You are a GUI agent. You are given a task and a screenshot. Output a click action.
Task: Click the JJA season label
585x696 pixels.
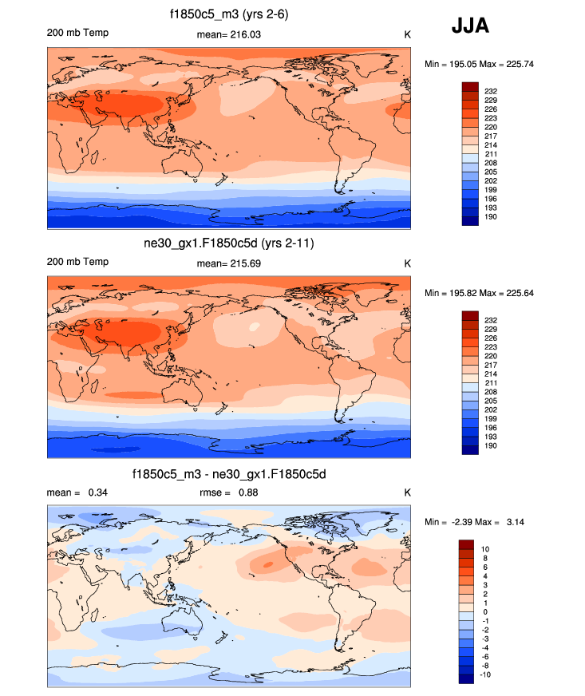[x=470, y=26]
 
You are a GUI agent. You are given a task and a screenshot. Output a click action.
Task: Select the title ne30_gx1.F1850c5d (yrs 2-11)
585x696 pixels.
[x=229, y=243]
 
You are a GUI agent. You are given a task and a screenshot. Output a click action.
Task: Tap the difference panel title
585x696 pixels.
[x=229, y=474]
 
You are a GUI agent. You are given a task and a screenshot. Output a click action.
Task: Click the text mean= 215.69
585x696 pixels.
[x=228, y=263]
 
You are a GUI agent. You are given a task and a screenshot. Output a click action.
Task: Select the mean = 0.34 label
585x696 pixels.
[x=77, y=492]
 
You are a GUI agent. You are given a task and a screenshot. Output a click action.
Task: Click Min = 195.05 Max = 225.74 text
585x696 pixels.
[x=478, y=63]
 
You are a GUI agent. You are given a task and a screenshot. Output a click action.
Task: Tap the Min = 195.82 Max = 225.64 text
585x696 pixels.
[x=478, y=293]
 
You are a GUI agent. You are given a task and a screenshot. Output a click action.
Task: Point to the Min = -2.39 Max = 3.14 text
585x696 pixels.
[x=478, y=522]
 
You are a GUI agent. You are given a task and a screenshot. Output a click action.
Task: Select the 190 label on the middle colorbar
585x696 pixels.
[x=492, y=445]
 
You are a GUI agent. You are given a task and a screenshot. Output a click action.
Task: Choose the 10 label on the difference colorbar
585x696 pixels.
[x=486, y=549]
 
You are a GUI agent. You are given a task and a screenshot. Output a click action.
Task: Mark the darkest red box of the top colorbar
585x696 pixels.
[x=469, y=86]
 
